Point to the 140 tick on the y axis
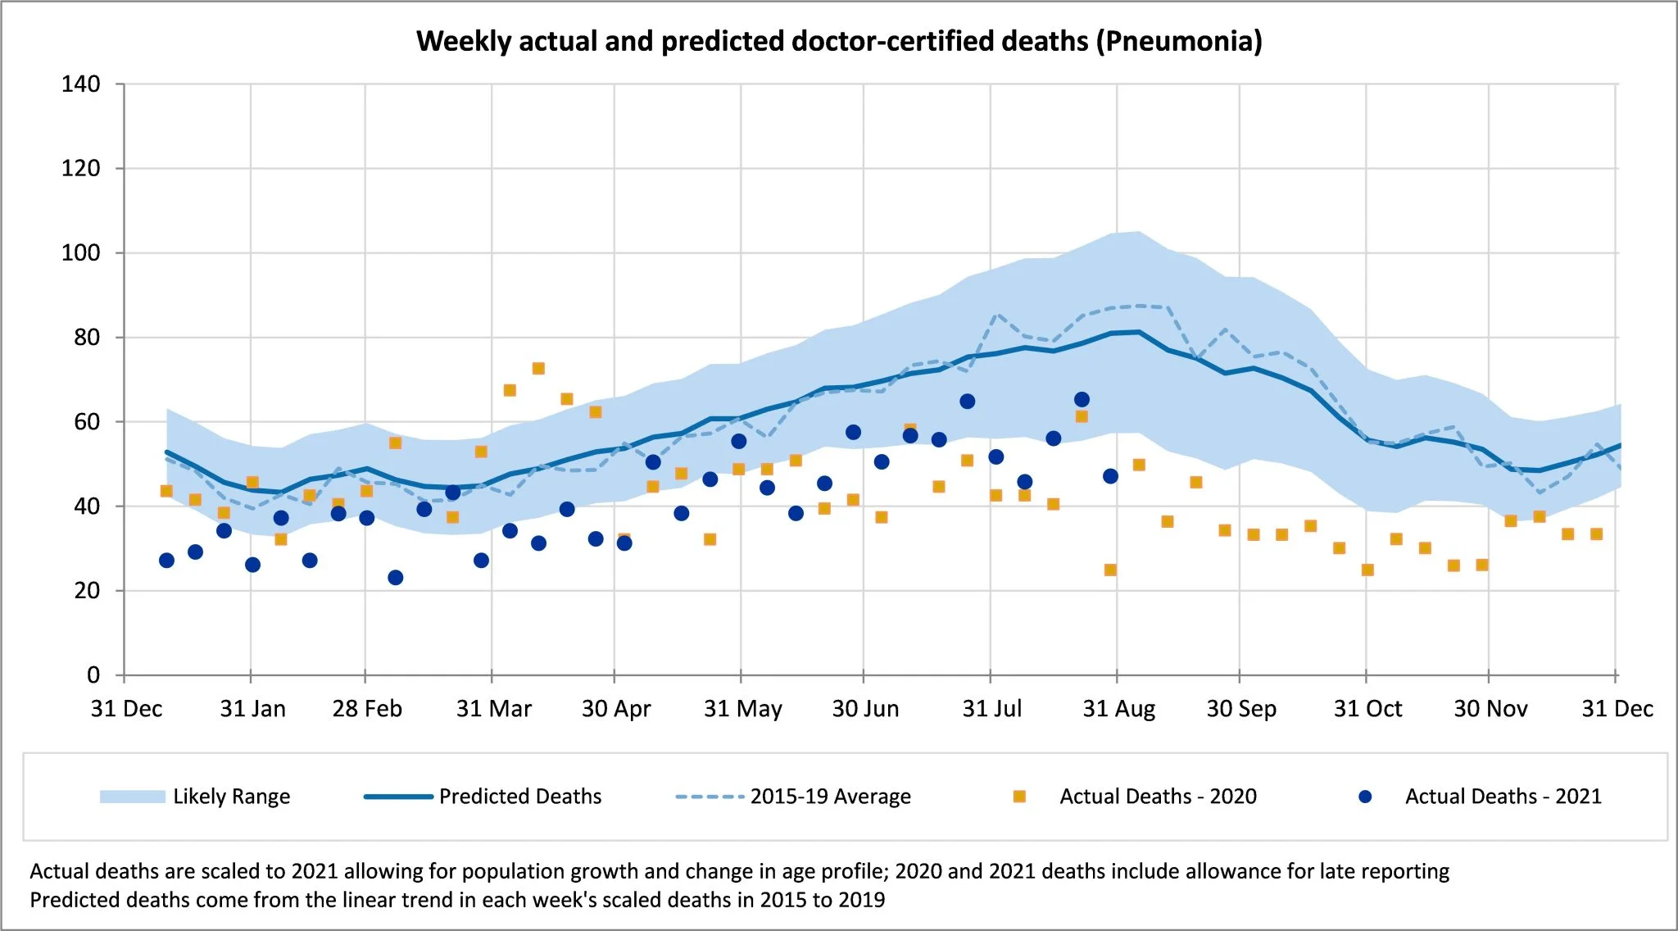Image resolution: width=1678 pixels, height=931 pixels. click(x=80, y=84)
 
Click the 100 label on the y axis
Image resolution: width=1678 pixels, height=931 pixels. click(x=80, y=252)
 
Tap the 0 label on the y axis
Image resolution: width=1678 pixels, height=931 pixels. click(x=93, y=675)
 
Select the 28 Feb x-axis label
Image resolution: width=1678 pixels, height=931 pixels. click(x=367, y=709)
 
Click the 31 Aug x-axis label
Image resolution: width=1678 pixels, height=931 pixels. click(x=1118, y=709)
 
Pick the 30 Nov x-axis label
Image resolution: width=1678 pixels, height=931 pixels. click(x=1490, y=709)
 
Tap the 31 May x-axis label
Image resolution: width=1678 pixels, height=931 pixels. click(x=742, y=709)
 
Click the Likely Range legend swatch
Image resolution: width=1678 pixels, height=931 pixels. click(x=132, y=797)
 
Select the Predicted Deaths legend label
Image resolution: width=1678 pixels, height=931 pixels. click(x=520, y=797)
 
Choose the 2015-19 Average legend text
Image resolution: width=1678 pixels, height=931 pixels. click(x=830, y=797)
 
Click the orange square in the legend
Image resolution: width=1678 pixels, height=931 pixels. click(x=1019, y=797)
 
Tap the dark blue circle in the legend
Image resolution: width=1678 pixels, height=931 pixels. click(x=1365, y=797)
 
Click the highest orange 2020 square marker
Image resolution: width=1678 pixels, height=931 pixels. click(x=538, y=369)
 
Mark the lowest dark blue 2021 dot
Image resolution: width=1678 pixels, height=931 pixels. click(x=395, y=578)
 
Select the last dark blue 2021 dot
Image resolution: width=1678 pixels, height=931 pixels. click(x=1110, y=476)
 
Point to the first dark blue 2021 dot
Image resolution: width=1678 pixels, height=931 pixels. click(x=166, y=561)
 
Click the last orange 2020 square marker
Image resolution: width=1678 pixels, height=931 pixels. click(x=1596, y=534)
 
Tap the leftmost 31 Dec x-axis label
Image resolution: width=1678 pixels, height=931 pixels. click(x=126, y=709)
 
